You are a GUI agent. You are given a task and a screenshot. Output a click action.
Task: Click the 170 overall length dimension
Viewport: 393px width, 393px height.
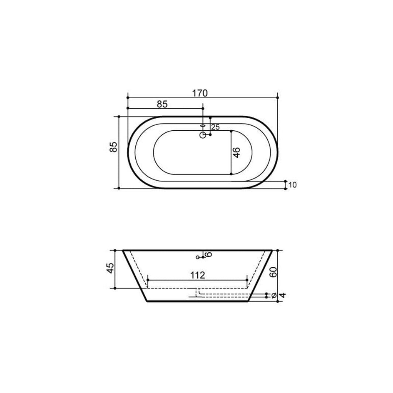pos(200,93)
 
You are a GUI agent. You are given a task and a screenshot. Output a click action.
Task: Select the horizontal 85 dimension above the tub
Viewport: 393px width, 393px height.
pos(162,104)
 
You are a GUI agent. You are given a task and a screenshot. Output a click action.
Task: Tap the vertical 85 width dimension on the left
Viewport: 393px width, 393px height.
pos(113,147)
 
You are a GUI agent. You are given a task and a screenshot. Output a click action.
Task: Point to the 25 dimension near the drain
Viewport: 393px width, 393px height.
pos(215,127)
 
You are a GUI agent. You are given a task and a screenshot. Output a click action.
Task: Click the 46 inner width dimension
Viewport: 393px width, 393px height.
pos(236,153)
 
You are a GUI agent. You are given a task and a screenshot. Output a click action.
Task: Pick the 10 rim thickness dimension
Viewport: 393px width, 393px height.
pos(293,185)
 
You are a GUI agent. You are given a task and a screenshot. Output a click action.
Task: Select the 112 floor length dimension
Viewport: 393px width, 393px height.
pos(198,275)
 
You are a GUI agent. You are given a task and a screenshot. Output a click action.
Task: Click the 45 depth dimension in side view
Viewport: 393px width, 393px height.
pos(110,269)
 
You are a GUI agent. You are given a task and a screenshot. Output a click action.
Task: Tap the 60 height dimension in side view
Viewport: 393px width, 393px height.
pos(273,272)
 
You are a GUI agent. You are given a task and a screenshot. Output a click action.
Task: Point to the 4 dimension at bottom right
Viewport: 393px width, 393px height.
pos(282,295)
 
